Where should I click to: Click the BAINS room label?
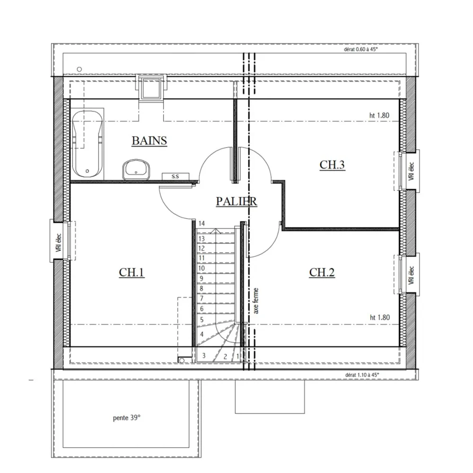point(149,140)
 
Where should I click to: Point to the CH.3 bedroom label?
point(332,165)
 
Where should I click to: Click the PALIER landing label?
point(236,201)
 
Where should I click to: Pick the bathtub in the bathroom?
point(88,142)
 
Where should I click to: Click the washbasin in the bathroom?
point(136,169)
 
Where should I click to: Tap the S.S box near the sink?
point(175,176)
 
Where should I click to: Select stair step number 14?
point(201,223)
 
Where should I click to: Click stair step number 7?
point(201,298)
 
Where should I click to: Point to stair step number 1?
point(237,356)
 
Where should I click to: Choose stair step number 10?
point(201,268)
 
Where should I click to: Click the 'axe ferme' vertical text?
point(256,301)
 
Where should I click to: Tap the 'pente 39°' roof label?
point(127,418)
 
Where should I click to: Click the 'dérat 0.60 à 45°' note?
point(362,49)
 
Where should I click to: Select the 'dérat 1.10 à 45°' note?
point(362,375)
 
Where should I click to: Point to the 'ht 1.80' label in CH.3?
point(379,115)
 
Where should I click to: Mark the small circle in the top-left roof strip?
point(79,69)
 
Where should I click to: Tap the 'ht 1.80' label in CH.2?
point(379,317)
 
